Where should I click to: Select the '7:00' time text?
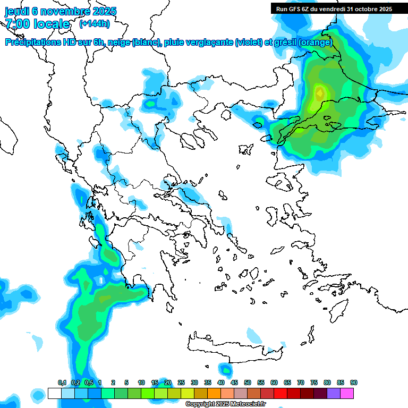tap(18, 23)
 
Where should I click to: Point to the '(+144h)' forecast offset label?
tap(94, 23)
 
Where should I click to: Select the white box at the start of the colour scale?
tap(54, 393)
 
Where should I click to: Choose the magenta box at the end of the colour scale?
tap(347, 393)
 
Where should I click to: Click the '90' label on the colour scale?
tap(354, 382)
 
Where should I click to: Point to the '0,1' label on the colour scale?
tap(62, 382)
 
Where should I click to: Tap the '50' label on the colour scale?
tap(248, 382)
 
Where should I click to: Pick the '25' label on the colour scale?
tap(181, 382)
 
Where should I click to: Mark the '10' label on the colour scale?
tap(141, 382)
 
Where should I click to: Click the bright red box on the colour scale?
tap(280, 393)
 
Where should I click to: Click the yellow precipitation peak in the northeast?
tap(319, 93)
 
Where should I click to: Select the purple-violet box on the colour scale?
tap(334, 393)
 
